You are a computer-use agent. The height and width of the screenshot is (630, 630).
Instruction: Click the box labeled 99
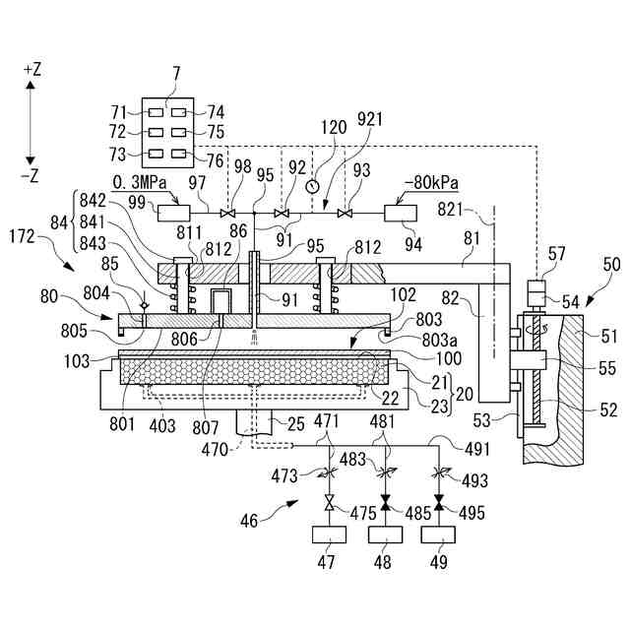pyautogui.click(x=173, y=213)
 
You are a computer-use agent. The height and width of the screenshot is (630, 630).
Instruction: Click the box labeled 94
pyautogui.click(x=401, y=213)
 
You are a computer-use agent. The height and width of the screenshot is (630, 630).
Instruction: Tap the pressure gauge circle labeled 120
pyautogui.click(x=312, y=186)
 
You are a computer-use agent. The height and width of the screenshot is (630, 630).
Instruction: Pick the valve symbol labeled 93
pyautogui.click(x=344, y=214)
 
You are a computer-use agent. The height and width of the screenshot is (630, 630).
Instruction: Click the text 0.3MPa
pyautogui.click(x=140, y=183)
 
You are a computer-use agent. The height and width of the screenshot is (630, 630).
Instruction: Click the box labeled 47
pyautogui.click(x=329, y=535)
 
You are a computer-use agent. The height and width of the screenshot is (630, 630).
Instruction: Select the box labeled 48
pyautogui.click(x=385, y=535)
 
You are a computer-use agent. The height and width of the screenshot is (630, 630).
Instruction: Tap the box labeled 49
pyautogui.click(x=438, y=535)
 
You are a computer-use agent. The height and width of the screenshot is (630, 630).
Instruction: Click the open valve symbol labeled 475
pyautogui.click(x=330, y=503)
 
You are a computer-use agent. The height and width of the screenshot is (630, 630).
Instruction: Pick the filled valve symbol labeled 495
pyautogui.click(x=439, y=503)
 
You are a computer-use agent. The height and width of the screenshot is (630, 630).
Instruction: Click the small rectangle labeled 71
pyautogui.click(x=156, y=112)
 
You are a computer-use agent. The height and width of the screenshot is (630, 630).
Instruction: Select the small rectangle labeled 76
pyautogui.click(x=179, y=154)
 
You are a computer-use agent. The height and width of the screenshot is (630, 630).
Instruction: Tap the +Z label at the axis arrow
pyautogui.click(x=32, y=70)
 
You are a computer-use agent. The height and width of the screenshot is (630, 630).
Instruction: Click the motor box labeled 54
pyautogui.click(x=535, y=293)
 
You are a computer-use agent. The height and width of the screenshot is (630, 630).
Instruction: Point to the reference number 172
pyautogui.click(x=22, y=236)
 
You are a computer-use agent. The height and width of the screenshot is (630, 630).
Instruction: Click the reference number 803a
pyautogui.click(x=440, y=340)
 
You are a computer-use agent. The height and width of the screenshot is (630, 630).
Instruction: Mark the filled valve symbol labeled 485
pyautogui.click(x=386, y=503)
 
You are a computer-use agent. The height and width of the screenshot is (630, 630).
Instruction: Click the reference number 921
pyautogui.click(x=370, y=119)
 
